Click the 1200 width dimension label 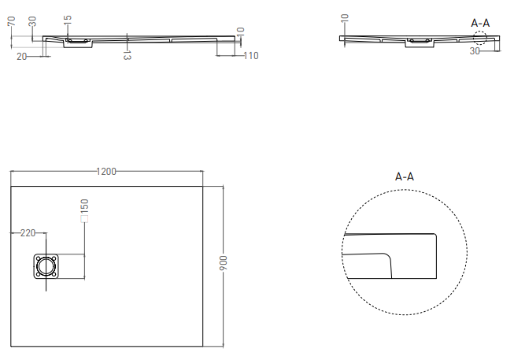click(x=106, y=172)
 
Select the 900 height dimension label click(x=223, y=264)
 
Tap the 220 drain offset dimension click(x=28, y=232)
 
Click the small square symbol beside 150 click(x=83, y=221)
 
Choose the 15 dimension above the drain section click(x=68, y=18)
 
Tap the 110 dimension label click(x=250, y=55)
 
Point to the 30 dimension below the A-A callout click(x=475, y=51)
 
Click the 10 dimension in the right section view click(x=346, y=19)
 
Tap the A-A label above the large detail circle click(x=404, y=176)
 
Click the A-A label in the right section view click(x=480, y=23)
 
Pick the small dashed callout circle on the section click(x=480, y=37)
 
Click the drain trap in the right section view click(x=417, y=43)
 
